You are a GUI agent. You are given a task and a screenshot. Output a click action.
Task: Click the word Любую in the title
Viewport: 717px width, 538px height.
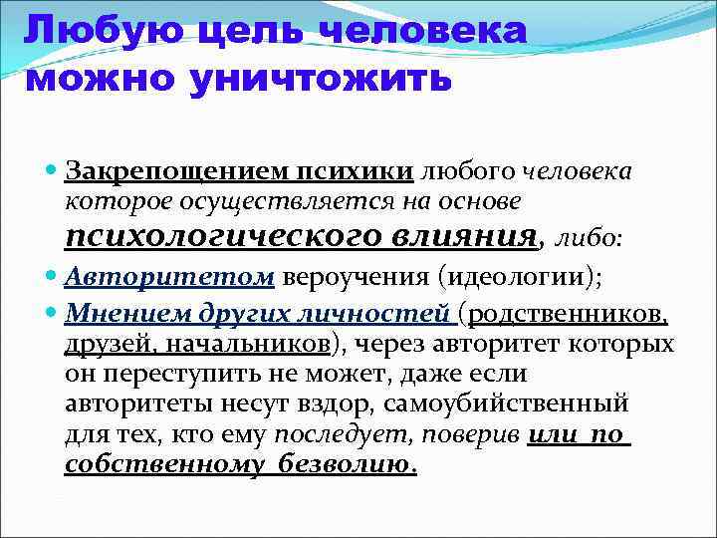(85, 30)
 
